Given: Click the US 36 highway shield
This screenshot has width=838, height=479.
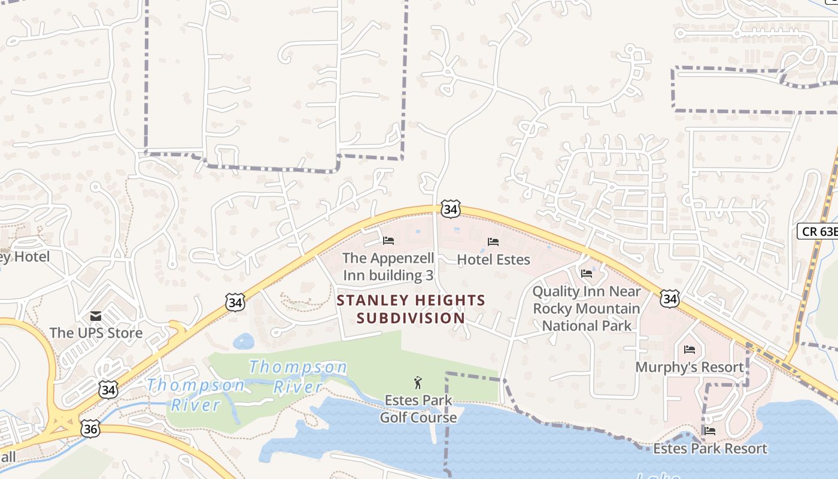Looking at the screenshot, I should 89,428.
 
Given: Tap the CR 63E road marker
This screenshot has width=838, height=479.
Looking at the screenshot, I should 818,231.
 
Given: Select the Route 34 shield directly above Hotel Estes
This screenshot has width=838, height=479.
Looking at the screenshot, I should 450,209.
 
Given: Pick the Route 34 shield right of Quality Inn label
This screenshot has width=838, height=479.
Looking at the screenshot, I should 669,298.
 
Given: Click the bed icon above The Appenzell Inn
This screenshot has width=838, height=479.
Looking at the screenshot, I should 388,241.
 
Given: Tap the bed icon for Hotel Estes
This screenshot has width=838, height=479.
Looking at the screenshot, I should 493,242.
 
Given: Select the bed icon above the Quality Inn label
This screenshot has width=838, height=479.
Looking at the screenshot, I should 587,274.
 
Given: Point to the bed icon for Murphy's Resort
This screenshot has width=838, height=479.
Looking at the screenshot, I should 690,350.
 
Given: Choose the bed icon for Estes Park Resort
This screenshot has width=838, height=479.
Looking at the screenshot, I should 710,431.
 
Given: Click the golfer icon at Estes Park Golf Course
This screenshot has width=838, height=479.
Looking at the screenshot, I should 418,383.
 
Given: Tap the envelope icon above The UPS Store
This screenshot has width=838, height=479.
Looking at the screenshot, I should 96,316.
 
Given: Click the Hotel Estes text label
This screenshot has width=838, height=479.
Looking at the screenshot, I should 493,259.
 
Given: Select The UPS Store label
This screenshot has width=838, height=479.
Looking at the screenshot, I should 96,333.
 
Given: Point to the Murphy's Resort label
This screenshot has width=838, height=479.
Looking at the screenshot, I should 690,367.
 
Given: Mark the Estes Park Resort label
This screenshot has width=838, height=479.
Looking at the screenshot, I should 710,448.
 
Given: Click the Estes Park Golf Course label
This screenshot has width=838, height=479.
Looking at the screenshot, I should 418,408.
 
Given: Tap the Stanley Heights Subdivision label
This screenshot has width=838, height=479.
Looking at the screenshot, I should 411,309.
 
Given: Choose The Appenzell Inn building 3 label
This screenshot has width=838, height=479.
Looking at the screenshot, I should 388,267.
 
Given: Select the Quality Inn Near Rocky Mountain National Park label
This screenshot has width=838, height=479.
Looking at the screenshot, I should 587,309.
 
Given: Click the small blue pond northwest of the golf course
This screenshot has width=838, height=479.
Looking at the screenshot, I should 243,342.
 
